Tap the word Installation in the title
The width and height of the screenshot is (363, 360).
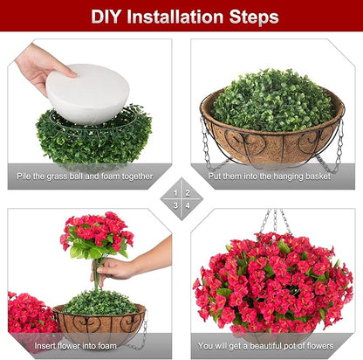175,16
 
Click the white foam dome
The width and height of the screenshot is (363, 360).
87,92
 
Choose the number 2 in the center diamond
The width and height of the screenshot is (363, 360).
188,191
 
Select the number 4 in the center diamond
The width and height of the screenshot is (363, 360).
188,205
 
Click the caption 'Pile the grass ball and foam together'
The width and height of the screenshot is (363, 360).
85,176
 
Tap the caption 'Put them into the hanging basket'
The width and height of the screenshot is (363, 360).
271,176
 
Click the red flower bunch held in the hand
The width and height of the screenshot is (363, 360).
96,233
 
